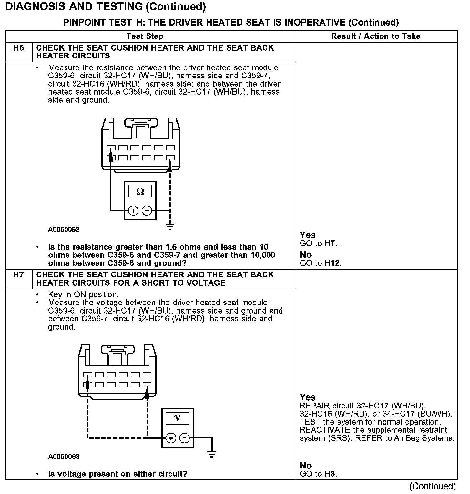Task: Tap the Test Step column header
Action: (x=145, y=36)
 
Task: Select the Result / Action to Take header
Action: (x=376, y=36)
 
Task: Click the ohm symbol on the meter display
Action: (x=140, y=191)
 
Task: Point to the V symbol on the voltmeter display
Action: (x=177, y=418)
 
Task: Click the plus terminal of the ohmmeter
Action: (x=133, y=211)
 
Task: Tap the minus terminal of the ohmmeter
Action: (x=147, y=211)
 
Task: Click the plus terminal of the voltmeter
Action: (x=171, y=438)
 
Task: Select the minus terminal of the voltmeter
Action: (x=184, y=438)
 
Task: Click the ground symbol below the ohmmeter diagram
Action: (x=170, y=226)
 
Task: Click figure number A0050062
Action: (x=64, y=230)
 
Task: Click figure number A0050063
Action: (x=64, y=457)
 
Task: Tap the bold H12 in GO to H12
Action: (x=332, y=263)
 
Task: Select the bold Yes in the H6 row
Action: (x=307, y=235)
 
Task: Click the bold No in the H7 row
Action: (x=305, y=466)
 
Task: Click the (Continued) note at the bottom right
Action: (x=432, y=486)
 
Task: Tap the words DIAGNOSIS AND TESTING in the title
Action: (x=74, y=6)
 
